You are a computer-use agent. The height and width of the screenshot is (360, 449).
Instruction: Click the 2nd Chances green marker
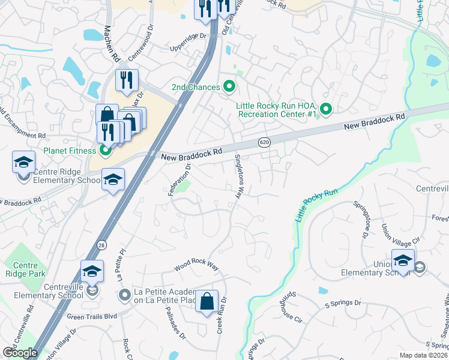pos(229,87)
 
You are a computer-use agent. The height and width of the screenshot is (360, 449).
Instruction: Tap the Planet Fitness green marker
pos(105,150)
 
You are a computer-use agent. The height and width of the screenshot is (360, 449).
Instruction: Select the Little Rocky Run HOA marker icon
pos(325,109)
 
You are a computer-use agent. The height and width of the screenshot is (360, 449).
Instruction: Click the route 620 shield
pos(264,142)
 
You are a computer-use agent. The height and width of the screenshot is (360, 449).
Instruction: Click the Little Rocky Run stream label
pos(314,206)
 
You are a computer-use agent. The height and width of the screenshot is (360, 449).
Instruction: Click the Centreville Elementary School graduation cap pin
pos(92,272)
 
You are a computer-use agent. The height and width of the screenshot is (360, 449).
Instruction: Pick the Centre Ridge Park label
pos(24,270)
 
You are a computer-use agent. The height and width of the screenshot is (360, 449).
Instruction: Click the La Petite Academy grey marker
pos(125,294)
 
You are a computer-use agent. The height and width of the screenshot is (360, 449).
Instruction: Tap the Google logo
pos(20,353)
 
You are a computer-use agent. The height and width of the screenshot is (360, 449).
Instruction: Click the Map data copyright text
pos(423,355)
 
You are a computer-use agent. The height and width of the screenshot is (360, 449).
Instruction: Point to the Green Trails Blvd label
pos(92,316)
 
